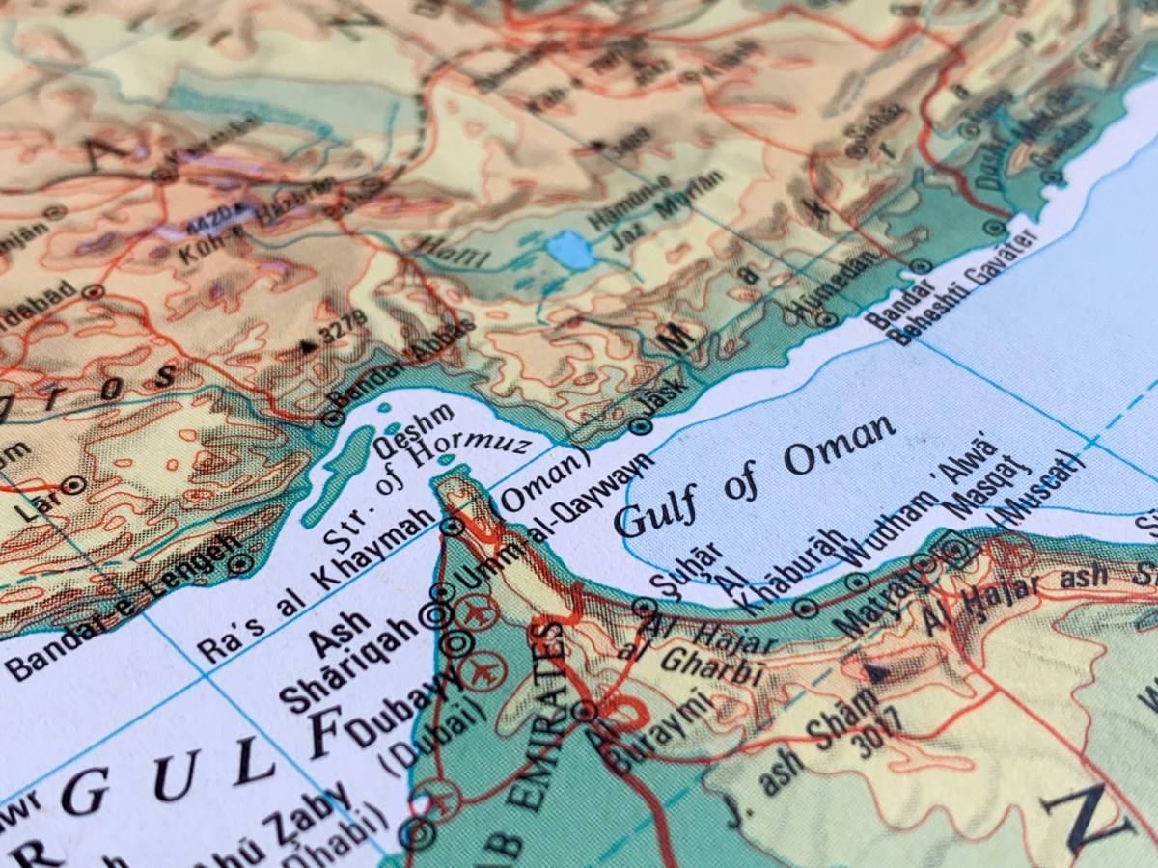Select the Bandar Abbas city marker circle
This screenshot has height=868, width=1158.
(332, 419)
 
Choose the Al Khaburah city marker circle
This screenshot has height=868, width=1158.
(807, 608)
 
